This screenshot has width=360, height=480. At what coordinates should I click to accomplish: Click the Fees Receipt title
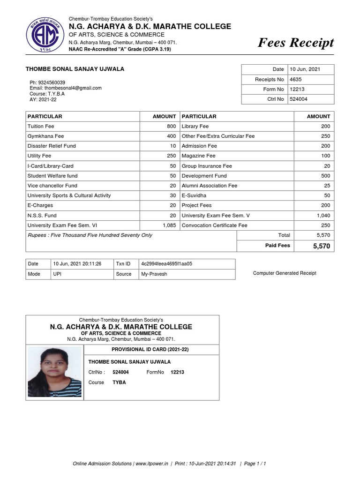pyautogui.click(x=296, y=43)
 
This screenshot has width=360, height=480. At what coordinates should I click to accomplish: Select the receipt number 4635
pyautogui.click(x=296, y=79)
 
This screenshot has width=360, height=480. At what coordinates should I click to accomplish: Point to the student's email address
pyautogui.click(x=66, y=88)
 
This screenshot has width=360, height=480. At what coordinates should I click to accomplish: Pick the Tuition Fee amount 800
pyautogui.click(x=171, y=126)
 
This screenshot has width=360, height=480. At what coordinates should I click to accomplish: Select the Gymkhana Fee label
pyautogui.click(x=45, y=136)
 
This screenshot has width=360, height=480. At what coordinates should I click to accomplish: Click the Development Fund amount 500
pyautogui.click(x=325, y=176)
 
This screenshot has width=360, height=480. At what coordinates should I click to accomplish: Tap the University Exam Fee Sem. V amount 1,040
pyautogui.click(x=323, y=216)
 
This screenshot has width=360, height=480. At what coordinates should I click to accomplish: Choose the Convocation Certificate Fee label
pyautogui.click(x=214, y=225)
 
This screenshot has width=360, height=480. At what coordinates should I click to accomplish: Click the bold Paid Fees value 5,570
pyautogui.click(x=322, y=246)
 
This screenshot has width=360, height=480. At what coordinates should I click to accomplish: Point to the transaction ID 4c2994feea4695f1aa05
pyautogui.click(x=166, y=264)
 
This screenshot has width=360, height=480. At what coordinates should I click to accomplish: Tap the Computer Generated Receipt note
pyautogui.click(x=285, y=273)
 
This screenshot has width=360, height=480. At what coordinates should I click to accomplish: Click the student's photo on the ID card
pyautogui.click(x=55, y=372)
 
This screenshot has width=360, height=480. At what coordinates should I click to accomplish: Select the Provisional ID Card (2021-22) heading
pyautogui.click(x=150, y=350)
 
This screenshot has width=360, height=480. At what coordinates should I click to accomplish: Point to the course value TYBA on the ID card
pyautogui.click(x=119, y=382)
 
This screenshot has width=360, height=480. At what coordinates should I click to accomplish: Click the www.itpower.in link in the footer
pyautogui.click(x=153, y=464)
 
